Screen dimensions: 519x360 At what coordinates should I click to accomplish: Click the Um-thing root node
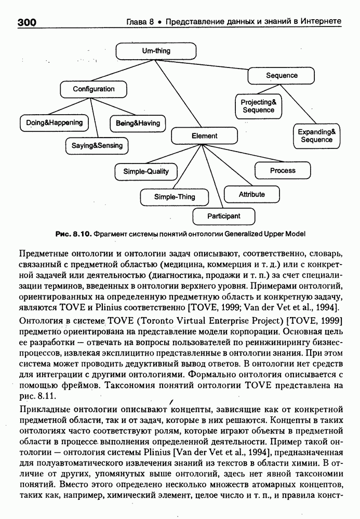(156, 51)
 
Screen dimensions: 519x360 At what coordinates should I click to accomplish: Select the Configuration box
(94, 89)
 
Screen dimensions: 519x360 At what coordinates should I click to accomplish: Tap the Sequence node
(282, 75)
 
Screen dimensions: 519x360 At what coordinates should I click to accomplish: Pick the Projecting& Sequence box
(258, 106)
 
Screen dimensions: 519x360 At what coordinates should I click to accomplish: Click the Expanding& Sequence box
(316, 136)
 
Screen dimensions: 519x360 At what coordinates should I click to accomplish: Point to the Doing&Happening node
(54, 123)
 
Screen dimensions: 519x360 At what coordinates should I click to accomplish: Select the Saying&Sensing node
(97, 146)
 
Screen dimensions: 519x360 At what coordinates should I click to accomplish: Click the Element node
(204, 136)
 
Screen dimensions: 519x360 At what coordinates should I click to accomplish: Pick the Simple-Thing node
(175, 197)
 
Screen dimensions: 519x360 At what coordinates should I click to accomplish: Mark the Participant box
(224, 216)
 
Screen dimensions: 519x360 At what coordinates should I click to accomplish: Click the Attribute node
(251, 195)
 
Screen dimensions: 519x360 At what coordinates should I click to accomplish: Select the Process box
(283, 171)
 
